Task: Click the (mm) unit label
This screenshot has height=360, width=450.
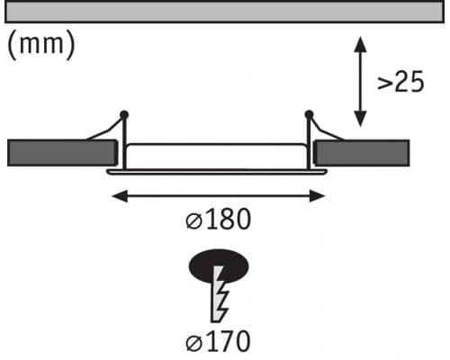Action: [40, 45]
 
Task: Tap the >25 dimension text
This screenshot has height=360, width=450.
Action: [400, 81]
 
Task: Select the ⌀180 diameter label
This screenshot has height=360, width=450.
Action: [218, 219]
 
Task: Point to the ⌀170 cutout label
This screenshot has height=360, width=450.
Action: [218, 341]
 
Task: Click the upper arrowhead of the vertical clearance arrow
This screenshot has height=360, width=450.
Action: [360, 44]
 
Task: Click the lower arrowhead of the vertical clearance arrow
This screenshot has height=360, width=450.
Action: [360, 119]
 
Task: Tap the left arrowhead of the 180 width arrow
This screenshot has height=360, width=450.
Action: [120, 196]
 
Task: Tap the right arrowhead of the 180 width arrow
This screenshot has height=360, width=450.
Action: [318, 196]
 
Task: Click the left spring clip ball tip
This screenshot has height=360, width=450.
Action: [124, 114]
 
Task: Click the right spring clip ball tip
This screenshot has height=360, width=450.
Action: [309, 114]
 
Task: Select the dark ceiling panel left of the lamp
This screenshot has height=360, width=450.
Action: [62, 153]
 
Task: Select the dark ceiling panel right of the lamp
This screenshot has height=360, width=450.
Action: [361, 153]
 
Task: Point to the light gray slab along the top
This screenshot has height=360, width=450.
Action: [224, 12]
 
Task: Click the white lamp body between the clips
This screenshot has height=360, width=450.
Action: [216, 157]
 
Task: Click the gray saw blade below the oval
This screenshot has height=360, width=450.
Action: [220, 294]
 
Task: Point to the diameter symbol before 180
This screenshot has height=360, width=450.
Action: [193, 221]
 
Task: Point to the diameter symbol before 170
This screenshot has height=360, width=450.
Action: [193, 343]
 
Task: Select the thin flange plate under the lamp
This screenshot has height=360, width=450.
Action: [217, 172]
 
